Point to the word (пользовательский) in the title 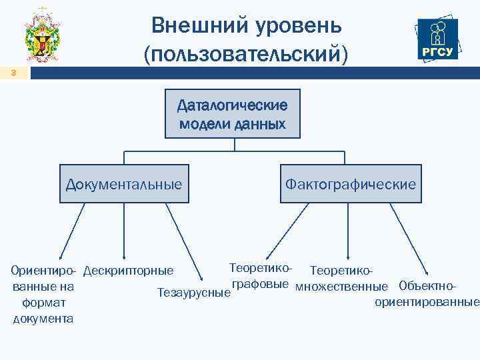click(x=245, y=53)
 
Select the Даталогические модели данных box click(x=233, y=114)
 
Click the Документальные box click(x=124, y=183)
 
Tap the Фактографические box click(x=351, y=183)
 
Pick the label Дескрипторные click(x=128, y=271)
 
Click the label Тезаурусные click(x=193, y=291)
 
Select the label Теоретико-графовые click(x=260, y=275)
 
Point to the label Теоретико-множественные click(x=341, y=279)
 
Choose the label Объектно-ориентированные click(x=427, y=294)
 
